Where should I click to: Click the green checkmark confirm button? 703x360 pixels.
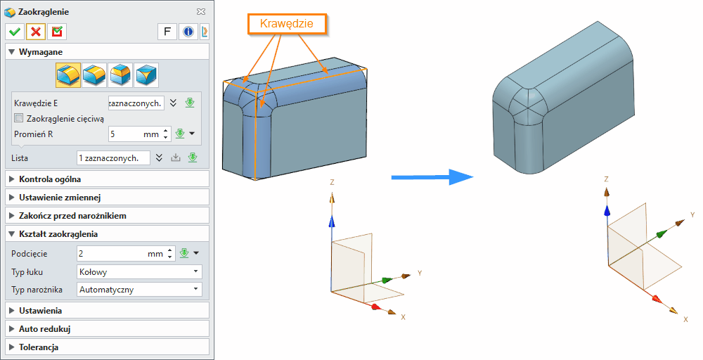(14, 32)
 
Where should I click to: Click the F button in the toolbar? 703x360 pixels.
(167, 32)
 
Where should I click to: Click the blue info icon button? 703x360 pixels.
(188, 32)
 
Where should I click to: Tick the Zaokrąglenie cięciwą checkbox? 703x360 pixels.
(19, 118)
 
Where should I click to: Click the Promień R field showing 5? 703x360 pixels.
(134, 134)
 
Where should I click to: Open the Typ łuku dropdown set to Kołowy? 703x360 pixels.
(138, 271)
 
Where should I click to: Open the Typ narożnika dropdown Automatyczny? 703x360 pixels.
(138, 289)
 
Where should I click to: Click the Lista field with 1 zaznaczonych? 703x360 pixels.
(112, 157)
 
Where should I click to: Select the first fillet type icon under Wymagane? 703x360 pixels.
(68, 74)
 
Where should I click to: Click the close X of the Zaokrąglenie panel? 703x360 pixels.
(201, 12)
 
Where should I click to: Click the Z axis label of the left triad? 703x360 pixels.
(331, 181)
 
